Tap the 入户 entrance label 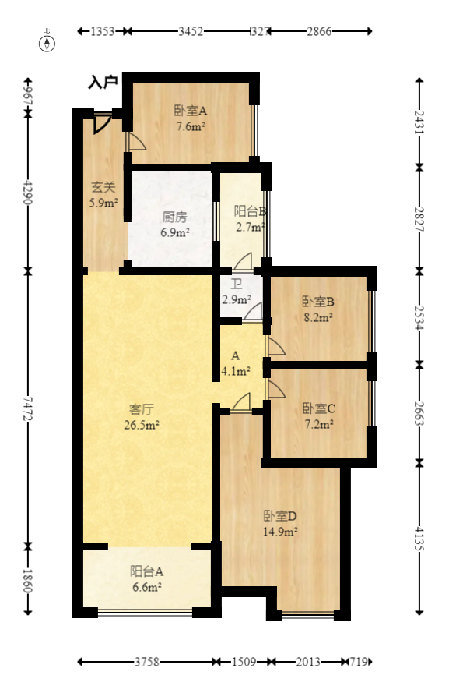102,81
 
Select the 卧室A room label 190,110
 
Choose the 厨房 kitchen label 174,217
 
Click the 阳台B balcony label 251,210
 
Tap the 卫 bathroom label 236,284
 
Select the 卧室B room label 317,302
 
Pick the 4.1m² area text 235,371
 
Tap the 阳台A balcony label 146,571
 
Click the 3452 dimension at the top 191,32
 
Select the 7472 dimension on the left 28,405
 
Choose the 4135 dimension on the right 420,537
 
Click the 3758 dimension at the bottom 146,662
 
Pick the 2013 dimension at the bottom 308,662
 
